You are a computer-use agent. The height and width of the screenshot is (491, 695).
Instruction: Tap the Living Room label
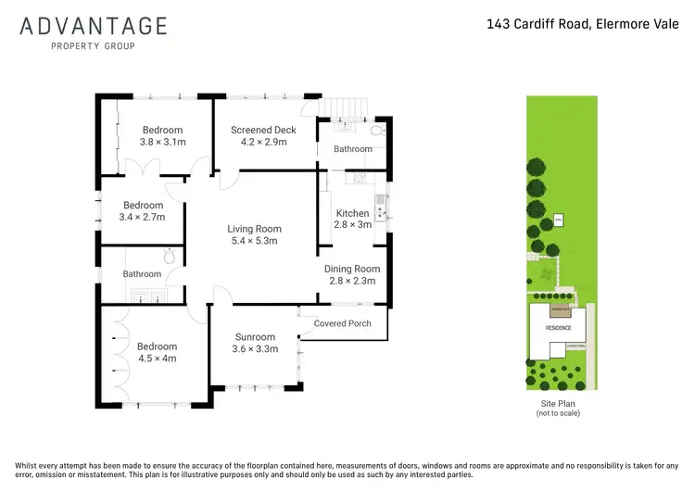[255, 229]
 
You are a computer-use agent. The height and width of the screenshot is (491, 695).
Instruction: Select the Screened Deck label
[264, 131]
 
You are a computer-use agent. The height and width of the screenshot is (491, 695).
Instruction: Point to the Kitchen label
[352, 213]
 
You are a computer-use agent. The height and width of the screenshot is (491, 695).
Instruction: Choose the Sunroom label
[255, 337]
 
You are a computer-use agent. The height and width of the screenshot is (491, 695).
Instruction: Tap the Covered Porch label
[342, 323]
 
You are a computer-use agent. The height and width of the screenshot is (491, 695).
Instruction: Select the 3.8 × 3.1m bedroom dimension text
[162, 143]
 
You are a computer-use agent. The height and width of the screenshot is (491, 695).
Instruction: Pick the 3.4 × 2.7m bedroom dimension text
[142, 217]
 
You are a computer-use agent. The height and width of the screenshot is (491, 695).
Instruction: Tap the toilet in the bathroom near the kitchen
[373, 132]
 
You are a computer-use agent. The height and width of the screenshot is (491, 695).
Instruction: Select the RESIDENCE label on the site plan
[558, 328]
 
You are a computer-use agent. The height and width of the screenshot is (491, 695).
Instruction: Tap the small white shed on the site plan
[559, 220]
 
